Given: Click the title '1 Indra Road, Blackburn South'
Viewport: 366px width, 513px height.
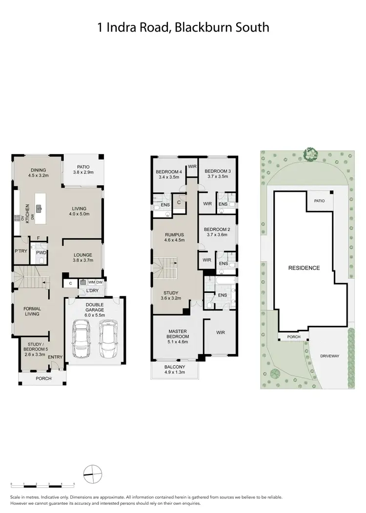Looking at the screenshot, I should tap(183, 27).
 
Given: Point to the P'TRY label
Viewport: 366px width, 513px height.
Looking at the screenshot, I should tap(20, 251).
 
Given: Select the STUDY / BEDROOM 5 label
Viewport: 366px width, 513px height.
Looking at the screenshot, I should tap(34, 348).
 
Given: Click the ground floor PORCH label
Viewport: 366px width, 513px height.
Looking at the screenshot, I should tap(43, 379).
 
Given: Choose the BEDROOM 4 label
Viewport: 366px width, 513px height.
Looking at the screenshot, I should tap(168, 171).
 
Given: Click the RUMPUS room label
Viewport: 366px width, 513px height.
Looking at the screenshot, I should tap(174, 235).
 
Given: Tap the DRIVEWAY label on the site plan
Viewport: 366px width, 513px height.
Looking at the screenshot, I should tap(330, 356).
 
